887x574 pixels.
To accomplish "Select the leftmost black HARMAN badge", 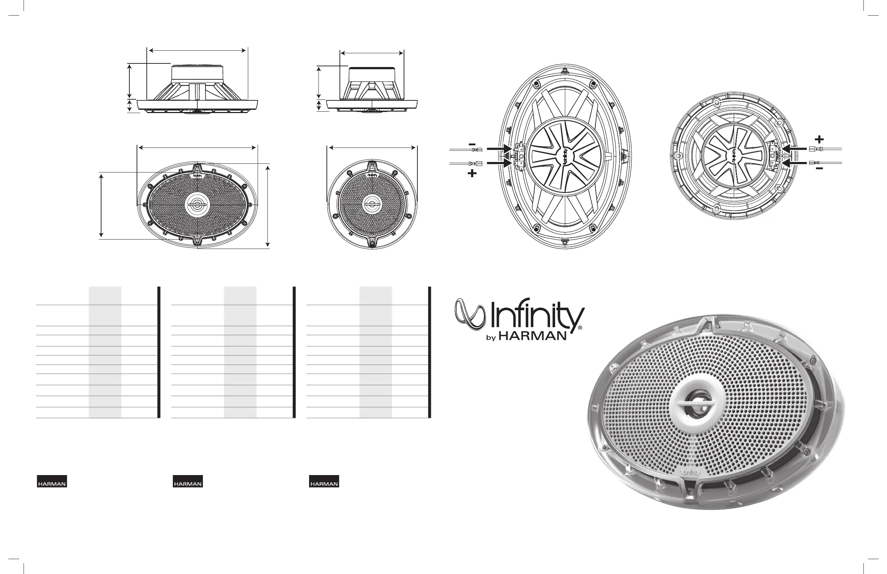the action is [52, 481].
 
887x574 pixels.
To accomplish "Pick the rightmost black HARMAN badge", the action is [324, 481].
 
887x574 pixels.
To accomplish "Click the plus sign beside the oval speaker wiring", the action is [472, 173].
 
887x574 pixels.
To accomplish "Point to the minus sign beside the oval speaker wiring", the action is [472, 144].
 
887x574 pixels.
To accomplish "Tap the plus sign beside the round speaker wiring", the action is [819, 140].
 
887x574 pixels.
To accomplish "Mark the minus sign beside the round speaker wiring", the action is [819, 169].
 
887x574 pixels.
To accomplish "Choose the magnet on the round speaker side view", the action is [372, 74].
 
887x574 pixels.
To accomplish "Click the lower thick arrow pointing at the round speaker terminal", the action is [794, 163].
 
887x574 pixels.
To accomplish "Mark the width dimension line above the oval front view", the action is [197, 147].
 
